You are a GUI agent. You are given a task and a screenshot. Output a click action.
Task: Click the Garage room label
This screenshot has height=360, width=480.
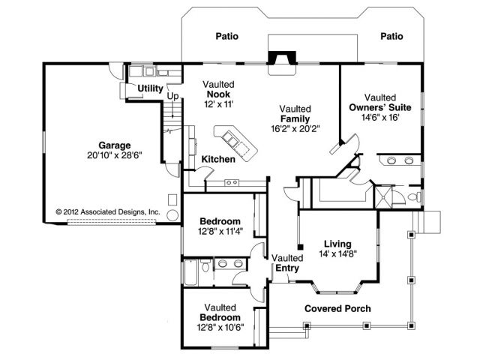[115, 145]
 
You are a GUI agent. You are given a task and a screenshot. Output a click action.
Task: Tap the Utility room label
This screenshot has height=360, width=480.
[150, 88]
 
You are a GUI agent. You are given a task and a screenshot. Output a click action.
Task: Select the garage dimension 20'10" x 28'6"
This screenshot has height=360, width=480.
[115, 155]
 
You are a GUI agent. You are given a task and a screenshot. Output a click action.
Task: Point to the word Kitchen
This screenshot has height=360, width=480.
[218, 159]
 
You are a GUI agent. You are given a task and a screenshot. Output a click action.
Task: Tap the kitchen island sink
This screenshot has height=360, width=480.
[230, 139]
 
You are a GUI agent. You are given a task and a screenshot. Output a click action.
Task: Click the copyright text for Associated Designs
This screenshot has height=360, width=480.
[108, 211]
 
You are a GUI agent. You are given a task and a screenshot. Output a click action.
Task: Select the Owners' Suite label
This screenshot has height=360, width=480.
[380, 107]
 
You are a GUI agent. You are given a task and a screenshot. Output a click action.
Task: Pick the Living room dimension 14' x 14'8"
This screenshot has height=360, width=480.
[338, 253]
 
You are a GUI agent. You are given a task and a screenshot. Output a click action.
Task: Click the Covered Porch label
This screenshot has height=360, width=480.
[337, 308]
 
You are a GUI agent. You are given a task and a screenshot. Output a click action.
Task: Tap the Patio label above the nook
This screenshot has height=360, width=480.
[226, 36]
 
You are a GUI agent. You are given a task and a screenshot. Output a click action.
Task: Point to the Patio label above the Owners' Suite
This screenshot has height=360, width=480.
[391, 36]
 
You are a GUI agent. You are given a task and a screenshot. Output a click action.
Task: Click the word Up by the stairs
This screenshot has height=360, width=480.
[172, 97]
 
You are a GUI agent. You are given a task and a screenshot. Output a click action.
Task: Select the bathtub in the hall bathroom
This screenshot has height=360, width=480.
[191, 272]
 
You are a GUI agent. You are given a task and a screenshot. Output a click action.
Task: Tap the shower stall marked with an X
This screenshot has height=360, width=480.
[383, 196]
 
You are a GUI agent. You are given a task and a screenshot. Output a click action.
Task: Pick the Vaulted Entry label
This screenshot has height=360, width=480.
[287, 263]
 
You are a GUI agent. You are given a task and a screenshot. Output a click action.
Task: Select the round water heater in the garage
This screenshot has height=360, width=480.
[172, 215]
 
